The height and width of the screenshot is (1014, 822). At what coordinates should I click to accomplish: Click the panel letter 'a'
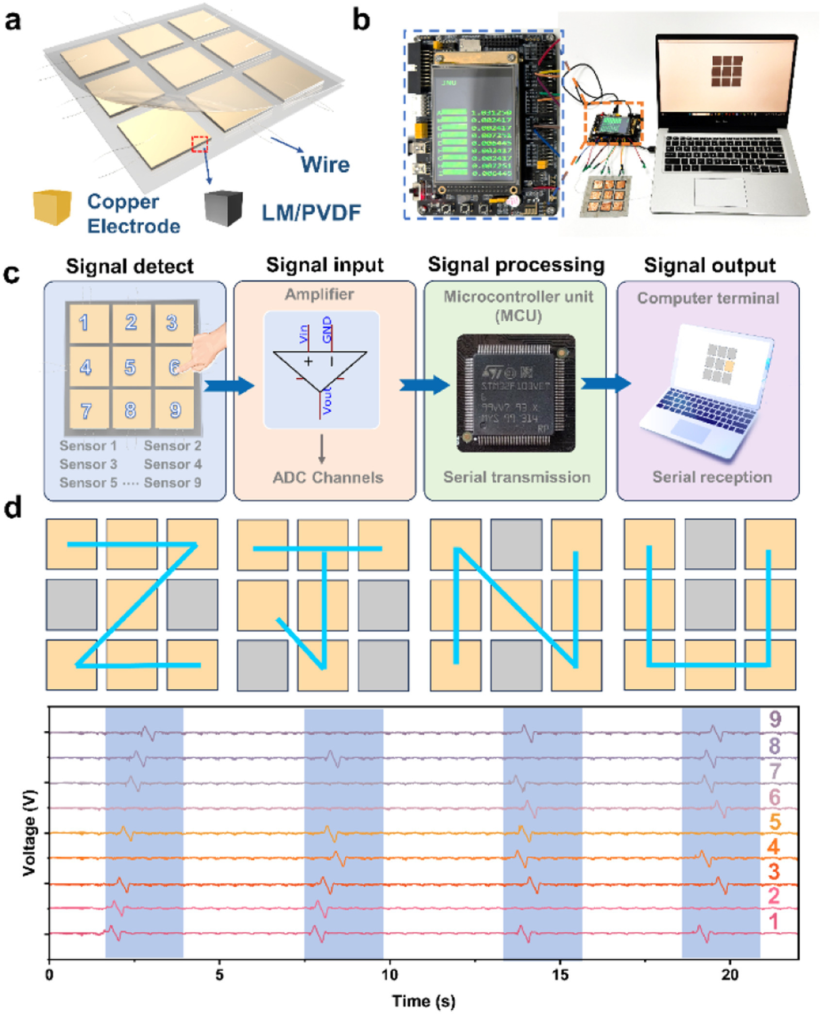click(x=13, y=21)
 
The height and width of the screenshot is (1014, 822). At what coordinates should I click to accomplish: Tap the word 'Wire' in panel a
click(x=325, y=164)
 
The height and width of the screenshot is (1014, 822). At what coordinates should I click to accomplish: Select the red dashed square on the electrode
click(x=200, y=144)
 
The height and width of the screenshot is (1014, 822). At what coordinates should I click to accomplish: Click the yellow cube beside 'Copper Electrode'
click(x=52, y=208)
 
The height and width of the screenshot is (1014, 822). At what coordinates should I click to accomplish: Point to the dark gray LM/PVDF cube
click(x=223, y=208)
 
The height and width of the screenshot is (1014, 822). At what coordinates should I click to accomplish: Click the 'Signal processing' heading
click(x=516, y=265)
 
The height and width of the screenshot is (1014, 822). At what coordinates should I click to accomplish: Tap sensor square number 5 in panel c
click(x=130, y=367)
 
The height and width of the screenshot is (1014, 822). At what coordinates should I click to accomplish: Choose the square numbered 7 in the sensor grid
click(x=86, y=411)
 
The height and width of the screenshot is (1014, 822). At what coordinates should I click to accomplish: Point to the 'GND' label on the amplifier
click(x=327, y=329)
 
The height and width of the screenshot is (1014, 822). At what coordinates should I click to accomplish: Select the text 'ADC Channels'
click(x=328, y=477)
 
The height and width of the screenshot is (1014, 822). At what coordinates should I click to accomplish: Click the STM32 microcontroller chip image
click(x=516, y=393)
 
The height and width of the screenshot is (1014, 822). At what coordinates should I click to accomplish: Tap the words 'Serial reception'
click(x=712, y=477)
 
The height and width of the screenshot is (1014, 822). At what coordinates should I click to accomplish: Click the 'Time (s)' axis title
click(x=423, y=1001)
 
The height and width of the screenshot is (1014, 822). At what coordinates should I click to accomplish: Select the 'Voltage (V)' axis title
click(x=30, y=832)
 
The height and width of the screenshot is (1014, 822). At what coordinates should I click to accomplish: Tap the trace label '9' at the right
click(x=775, y=719)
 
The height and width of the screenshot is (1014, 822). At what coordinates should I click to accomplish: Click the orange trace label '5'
click(x=774, y=822)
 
